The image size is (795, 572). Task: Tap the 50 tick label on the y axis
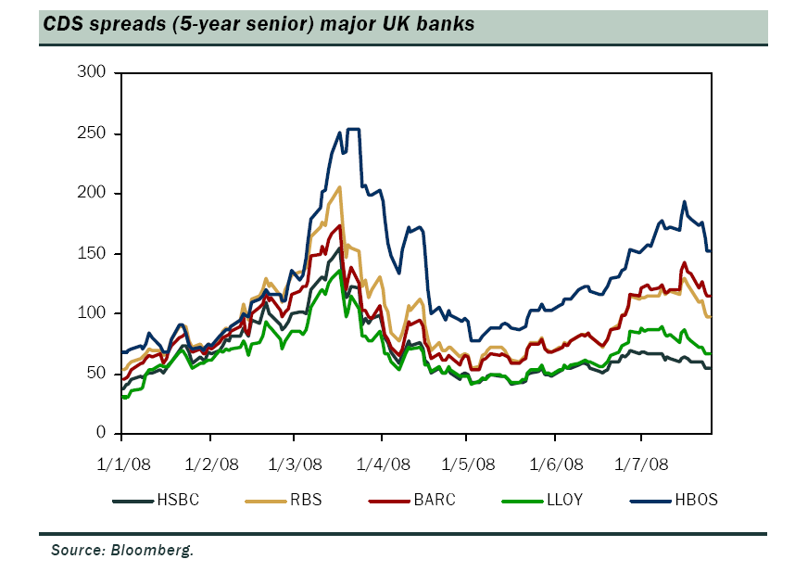[x=99, y=373]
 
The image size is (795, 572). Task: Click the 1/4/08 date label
[x=383, y=463]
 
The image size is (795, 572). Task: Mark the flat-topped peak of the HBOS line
[x=353, y=129]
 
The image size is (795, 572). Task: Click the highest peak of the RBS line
[x=340, y=187]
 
